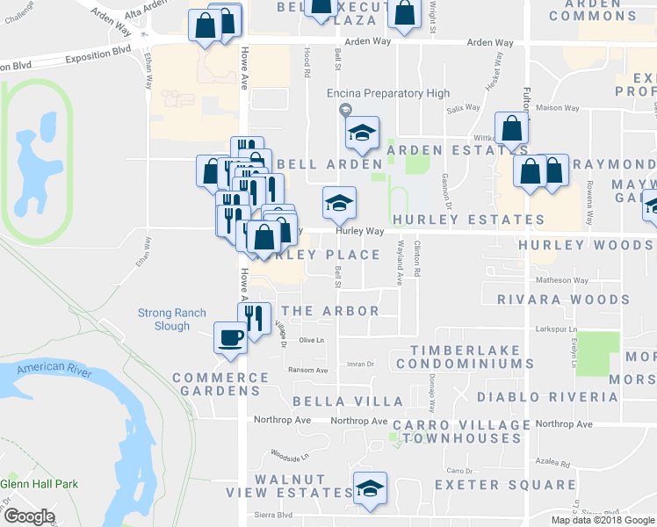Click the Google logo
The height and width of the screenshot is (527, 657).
coord(28,516)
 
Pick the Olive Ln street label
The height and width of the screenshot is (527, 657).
coord(312,340)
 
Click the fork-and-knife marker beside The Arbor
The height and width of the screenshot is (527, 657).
coord(254,317)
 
